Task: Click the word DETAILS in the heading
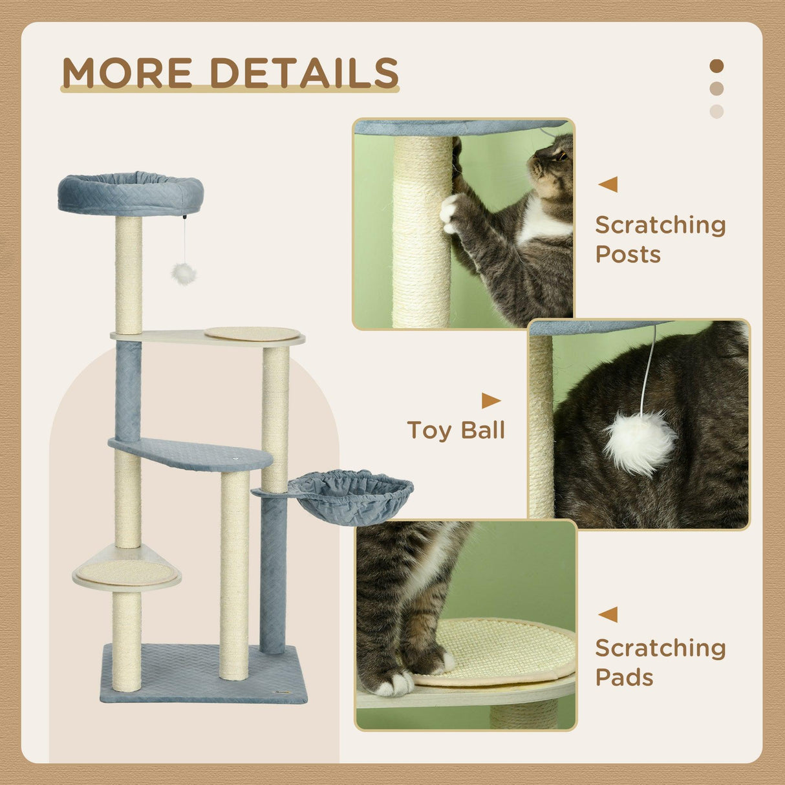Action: [304, 72]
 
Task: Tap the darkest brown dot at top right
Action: [716, 66]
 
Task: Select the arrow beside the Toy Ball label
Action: [491, 401]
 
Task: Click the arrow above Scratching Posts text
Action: [608, 184]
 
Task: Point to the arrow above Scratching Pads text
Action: [608, 614]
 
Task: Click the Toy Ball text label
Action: [456, 431]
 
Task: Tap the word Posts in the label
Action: [628, 255]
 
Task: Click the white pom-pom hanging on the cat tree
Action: [184, 274]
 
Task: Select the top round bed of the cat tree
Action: [131, 193]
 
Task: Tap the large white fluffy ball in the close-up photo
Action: [640, 442]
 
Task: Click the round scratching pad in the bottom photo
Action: [498, 650]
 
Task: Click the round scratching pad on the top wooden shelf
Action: [252, 333]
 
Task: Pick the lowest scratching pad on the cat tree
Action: [127, 572]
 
